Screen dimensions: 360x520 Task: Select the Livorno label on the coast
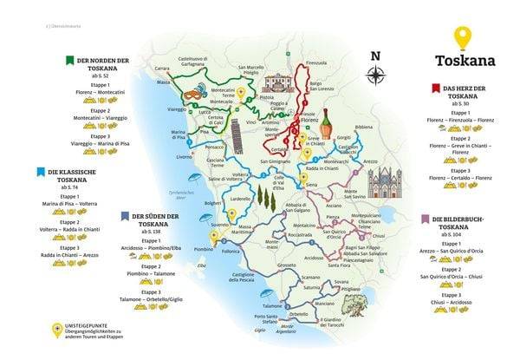click(184, 157)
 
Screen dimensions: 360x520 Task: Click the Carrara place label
click(162, 68)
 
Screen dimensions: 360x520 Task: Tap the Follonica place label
click(230, 251)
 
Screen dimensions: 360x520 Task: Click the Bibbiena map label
click(364, 127)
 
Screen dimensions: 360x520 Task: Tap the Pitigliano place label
click(348, 288)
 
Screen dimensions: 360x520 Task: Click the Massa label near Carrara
click(162, 82)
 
